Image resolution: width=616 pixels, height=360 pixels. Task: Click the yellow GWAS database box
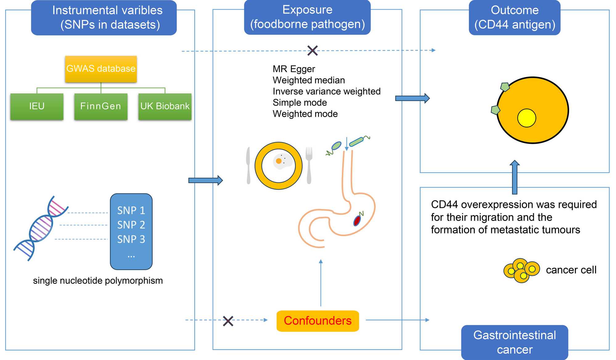[101, 69]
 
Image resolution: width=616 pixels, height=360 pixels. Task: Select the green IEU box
[37, 106]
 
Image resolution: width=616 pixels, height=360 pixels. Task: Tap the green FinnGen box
[101, 106]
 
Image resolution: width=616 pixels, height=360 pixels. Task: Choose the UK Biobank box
[165, 106]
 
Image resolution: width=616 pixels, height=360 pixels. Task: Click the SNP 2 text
[131, 225]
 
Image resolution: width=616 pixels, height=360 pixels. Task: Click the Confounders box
[318, 321]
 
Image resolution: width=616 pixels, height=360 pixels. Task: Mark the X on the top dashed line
[312, 51]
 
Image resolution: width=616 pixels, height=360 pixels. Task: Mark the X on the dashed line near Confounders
[228, 321]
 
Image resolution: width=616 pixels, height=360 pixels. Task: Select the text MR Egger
[294, 69]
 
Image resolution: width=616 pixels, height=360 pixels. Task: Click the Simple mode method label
[300, 103]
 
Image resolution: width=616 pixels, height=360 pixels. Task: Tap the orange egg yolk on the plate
[279, 161]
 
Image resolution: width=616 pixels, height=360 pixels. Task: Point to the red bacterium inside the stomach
[357, 220]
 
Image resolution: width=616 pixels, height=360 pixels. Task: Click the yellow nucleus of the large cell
[527, 118]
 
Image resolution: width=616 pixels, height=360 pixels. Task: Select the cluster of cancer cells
[521, 270]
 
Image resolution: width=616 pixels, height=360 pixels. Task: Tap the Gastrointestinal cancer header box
[515, 342]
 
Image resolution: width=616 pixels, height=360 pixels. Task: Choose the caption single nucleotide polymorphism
[98, 281]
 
